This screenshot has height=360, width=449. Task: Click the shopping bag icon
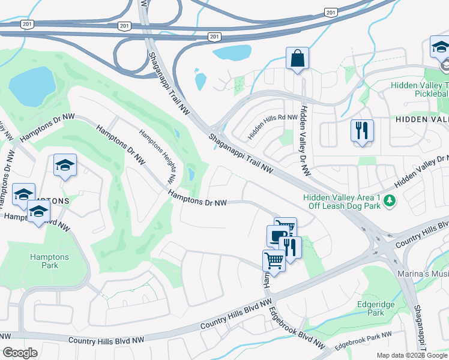coord(297,59)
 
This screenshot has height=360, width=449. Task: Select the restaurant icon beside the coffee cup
coord(291,247)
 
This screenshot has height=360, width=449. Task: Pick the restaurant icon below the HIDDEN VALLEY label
coord(362,131)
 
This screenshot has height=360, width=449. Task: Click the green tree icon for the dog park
coord(390,200)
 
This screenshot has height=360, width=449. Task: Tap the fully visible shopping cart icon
coord(274,260)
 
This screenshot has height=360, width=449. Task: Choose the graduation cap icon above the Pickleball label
coord(441,47)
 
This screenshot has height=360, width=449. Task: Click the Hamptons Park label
coord(49,262)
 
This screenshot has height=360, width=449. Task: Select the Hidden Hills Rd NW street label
coord(273,127)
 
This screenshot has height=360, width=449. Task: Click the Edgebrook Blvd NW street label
coord(297,329)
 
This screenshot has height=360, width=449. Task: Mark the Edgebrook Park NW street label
coord(363,340)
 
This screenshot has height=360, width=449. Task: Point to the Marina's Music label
coord(420,273)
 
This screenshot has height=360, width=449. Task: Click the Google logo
coord(20,353)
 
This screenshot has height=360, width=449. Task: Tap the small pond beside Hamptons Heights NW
coord(191,175)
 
